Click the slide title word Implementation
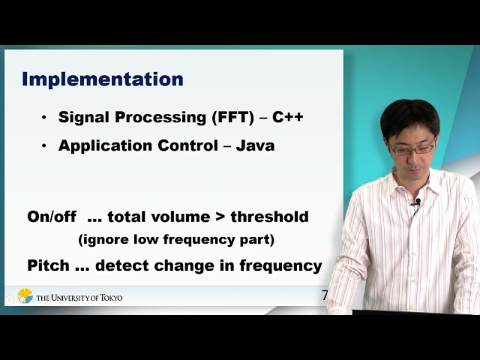(103, 79)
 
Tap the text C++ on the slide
(287, 118)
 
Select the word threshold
(269, 217)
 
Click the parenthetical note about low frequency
(176, 241)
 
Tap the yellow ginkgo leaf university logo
(25, 296)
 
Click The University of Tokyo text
(79, 298)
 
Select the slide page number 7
(325, 295)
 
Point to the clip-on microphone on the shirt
(417, 203)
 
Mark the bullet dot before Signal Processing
(43, 118)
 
